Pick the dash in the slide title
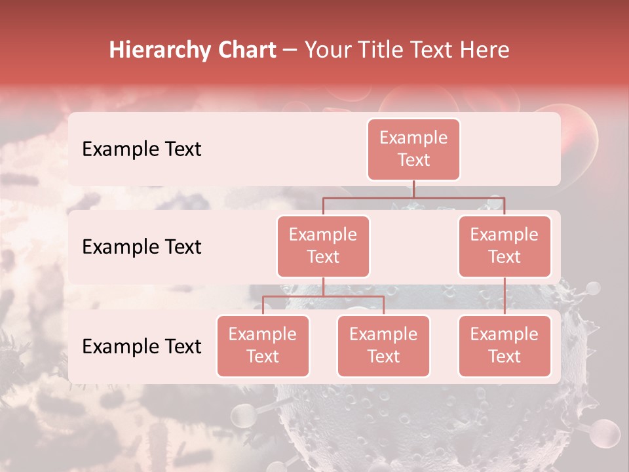point(290,50)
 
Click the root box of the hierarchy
point(413,149)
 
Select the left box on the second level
point(323,246)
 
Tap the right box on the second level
point(505,246)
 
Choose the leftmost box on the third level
point(263,345)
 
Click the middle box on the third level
point(383,345)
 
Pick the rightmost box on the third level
point(505,345)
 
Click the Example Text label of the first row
point(142,149)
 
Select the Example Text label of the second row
point(142,246)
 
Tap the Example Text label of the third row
point(142,346)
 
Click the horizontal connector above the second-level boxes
point(413,197)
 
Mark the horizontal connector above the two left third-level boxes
point(323,296)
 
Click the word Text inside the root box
point(413,160)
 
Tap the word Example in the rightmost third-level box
point(505,334)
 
